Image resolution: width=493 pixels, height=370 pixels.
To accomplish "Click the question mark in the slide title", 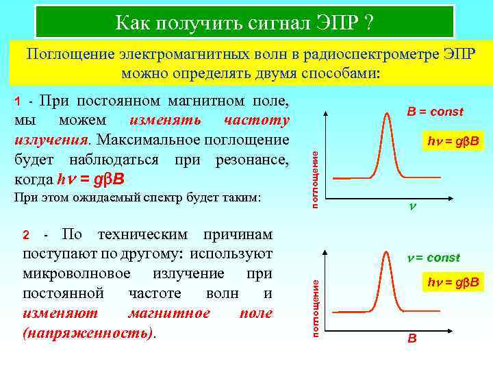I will pos(368,23).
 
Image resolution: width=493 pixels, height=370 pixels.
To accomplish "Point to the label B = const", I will pos(435,112).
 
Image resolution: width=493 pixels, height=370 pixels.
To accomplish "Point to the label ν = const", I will pos(430,258).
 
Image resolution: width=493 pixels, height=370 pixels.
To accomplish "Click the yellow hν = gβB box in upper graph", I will pos(452,143).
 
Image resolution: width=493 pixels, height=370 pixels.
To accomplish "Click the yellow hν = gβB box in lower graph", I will pos(452,282).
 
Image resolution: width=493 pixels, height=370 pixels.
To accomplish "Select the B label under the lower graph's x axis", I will pos(412,338).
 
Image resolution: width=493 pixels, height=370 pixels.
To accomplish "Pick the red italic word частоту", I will pos(257,121).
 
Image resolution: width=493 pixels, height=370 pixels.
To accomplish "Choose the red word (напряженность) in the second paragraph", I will pos(88,332).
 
